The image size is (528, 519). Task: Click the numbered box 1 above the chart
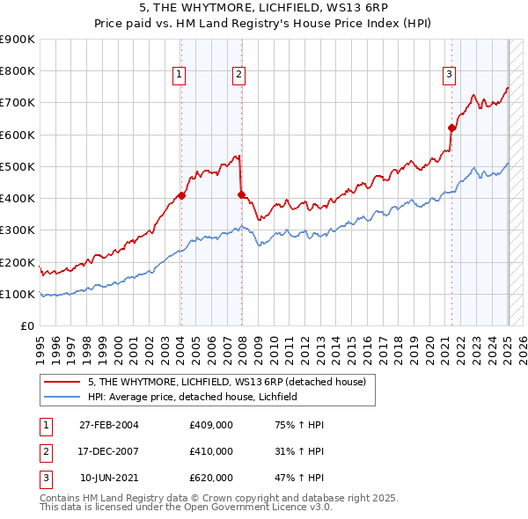tap(179, 76)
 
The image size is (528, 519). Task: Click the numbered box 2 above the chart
tap(238, 76)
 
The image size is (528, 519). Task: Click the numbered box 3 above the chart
tap(449, 76)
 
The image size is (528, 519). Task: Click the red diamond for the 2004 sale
tap(181, 195)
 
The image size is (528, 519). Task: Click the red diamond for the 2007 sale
tap(241, 194)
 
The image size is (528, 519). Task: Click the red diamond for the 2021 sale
tap(451, 128)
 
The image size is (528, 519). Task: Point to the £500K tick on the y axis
tap(19, 166)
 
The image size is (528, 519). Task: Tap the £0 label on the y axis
tap(28, 325)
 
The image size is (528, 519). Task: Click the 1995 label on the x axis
tap(40, 347)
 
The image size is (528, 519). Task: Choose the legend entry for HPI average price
tap(194, 397)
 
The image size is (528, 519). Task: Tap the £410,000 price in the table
tap(211, 451)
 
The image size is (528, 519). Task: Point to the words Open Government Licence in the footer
tap(231, 508)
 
